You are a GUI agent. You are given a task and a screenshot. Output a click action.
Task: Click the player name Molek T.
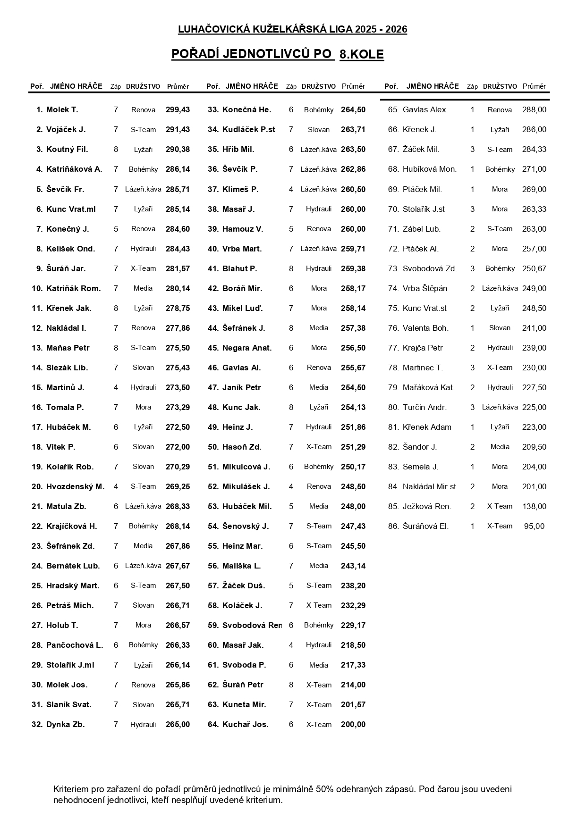point(62,110)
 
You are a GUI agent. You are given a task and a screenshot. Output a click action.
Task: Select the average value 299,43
point(178,110)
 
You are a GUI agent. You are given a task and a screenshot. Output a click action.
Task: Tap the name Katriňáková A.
point(74,169)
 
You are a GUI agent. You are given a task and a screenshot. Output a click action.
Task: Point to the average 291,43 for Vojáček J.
point(178,130)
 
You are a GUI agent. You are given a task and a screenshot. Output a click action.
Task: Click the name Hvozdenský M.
point(75,486)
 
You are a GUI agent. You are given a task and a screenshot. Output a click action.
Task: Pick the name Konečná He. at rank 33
point(246,110)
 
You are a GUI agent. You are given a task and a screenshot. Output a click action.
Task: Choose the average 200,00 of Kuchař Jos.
point(353,724)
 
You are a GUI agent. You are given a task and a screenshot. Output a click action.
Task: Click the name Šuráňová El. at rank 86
point(425,526)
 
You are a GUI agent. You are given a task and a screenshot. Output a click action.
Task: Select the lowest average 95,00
point(534,526)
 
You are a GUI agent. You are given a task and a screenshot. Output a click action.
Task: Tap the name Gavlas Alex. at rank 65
point(425,110)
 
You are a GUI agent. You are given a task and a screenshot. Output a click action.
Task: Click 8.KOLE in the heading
point(361,55)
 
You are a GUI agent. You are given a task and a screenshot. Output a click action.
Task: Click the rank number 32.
point(37,724)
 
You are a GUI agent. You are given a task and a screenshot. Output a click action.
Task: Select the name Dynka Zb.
point(65,724)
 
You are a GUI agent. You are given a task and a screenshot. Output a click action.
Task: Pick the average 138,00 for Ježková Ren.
point(534,506)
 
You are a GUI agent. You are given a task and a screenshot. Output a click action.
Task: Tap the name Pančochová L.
point(75,645)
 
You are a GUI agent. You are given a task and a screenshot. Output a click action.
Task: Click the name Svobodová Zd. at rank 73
point(430,268)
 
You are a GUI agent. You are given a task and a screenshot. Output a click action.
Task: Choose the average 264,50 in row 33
point(353,110)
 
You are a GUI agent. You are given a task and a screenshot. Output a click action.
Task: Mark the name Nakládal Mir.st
point(429,486)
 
